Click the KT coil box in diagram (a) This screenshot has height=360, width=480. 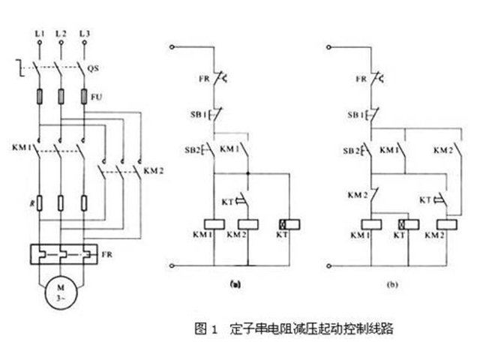286,223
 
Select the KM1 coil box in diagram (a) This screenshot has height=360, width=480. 215,223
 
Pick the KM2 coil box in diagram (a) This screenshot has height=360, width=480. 247,223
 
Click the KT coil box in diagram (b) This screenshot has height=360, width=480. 405,223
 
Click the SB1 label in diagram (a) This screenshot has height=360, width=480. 196,115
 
